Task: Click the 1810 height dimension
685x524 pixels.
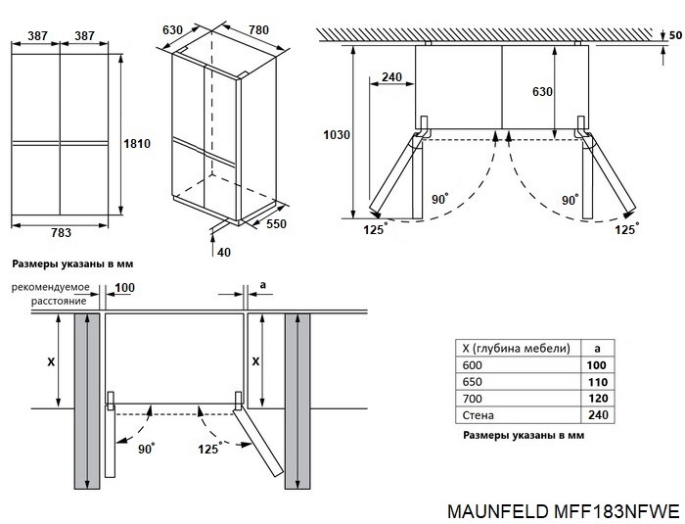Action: [136, 144]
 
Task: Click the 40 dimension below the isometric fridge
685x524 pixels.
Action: [225, 253]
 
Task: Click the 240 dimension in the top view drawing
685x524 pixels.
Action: [391, 78]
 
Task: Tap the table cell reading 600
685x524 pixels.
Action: [472, 364]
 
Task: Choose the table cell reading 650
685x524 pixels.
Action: [472, 382]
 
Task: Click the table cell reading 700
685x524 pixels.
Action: [472, 399]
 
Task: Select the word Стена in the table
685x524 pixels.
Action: [477, 415]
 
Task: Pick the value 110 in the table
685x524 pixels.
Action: [597, 382]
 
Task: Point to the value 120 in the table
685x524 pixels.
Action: [597, 399]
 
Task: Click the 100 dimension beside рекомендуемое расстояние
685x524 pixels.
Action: [124, 287]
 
